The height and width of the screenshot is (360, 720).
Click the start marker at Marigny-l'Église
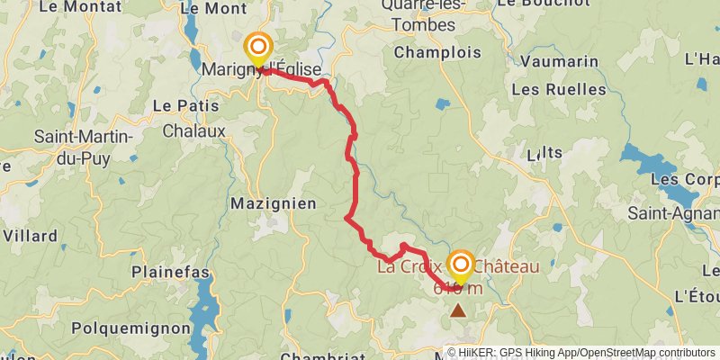tap(259, 47)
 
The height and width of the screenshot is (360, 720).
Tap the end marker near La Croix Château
tap(461, 265)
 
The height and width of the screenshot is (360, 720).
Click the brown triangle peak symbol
tap(459, 310)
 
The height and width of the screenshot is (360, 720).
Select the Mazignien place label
tap(274, 203)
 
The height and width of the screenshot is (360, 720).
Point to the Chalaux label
tap(193, 130)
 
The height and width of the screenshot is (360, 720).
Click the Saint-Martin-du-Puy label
tap(83, 146)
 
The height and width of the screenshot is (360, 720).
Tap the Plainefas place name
tap(170, 272)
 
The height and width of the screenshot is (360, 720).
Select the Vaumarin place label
tap(560, 62)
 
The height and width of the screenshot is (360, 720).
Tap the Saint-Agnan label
tap(673, 214)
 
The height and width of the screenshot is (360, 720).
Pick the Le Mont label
tap(213, 8)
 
